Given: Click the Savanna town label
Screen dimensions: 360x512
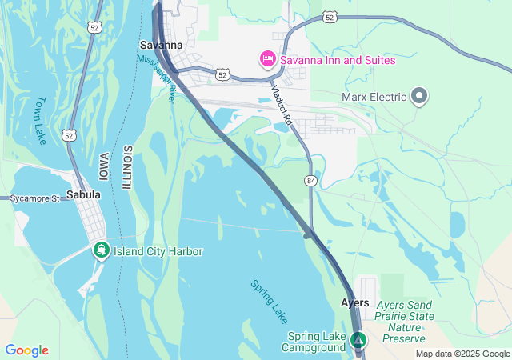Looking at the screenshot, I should [161, 45].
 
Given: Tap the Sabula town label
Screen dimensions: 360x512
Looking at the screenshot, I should [83, 194].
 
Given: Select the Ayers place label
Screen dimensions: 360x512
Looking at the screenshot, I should [355, 303].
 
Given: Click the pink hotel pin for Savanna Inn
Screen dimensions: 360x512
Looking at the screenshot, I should [266, 58].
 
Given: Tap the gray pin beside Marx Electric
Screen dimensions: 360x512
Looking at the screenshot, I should [420, 96].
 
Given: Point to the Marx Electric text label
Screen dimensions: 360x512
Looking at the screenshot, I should [374, 98].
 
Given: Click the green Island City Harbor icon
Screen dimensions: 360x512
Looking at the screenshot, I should [101, 250].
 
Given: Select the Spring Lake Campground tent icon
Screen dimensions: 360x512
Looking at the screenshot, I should [359, 341].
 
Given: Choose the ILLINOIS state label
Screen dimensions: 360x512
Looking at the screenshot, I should [126, 167].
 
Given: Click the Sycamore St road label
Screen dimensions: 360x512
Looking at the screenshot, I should [34, 198].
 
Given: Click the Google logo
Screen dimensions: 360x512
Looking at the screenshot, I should [26, 350].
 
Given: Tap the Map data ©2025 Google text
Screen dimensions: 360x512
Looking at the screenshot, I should [462, 354].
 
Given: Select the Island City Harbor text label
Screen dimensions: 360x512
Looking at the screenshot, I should [158, 251].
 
